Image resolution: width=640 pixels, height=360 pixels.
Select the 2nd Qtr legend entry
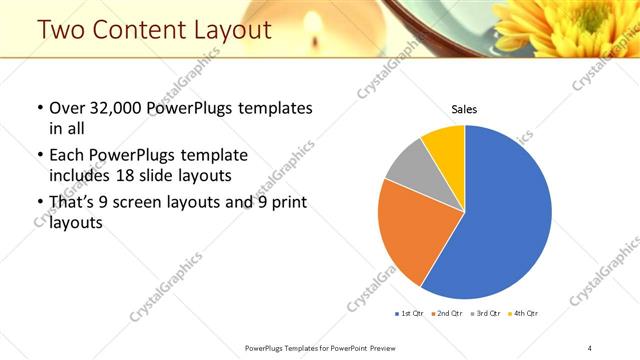[447, 314]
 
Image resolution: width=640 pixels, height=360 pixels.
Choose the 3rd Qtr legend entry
[483, 314]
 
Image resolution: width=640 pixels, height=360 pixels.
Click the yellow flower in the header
[590, 25]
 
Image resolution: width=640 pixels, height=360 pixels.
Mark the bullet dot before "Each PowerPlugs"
[39, 155]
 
